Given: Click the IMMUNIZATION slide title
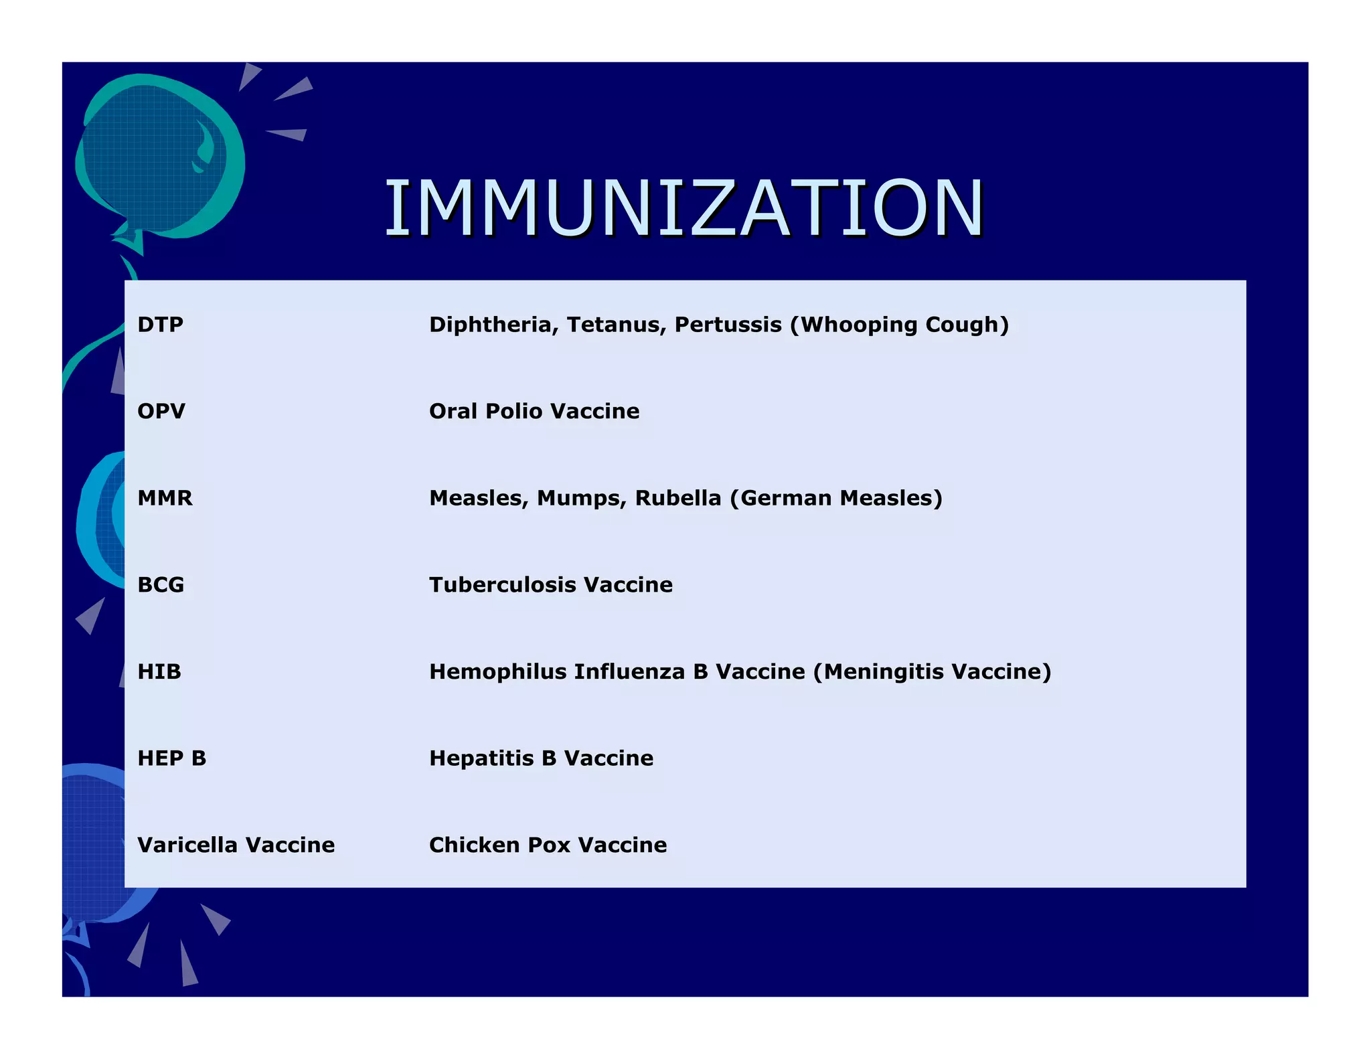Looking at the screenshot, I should pos(683,209).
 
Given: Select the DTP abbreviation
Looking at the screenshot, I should pos(160,325).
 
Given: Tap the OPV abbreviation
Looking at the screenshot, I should pos(161,411).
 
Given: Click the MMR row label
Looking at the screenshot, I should pos(165,498).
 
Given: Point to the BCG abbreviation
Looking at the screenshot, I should pos(161,585).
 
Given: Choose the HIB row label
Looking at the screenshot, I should pos(159,671).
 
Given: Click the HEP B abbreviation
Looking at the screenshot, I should pos(171,758).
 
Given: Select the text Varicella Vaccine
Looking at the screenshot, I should pos(236,845).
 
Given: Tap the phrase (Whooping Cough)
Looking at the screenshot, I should pos(899,325).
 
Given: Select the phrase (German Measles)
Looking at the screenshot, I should pos(836,498).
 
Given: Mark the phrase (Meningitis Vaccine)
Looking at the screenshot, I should pos(932,671).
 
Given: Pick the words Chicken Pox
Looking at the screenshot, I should pos(499,845).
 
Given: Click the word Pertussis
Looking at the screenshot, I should pos(728,325).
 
